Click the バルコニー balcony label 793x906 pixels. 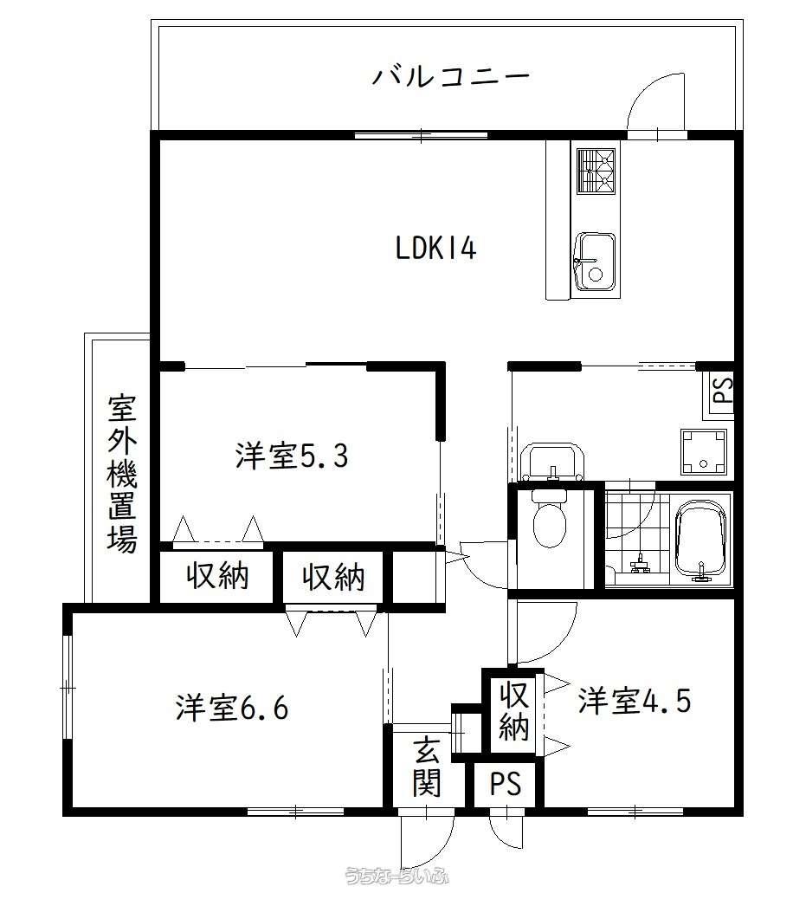(x=450, y=76)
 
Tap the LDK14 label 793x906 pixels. (x=436, y=249)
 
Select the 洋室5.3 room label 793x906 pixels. (x=292, y=456)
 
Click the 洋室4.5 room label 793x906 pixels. (x=635, y=701)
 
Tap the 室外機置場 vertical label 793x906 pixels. (x=122, y=473)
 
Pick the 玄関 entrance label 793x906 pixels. (x=428, y=767)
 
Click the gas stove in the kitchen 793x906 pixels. (x=596, y=171)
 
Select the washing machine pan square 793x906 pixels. (x=703, y=451)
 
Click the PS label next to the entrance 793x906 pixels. (x=506, y=784)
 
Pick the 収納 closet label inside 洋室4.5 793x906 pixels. (x=514, y=711)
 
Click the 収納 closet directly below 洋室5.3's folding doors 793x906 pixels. (x=217, y=575)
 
